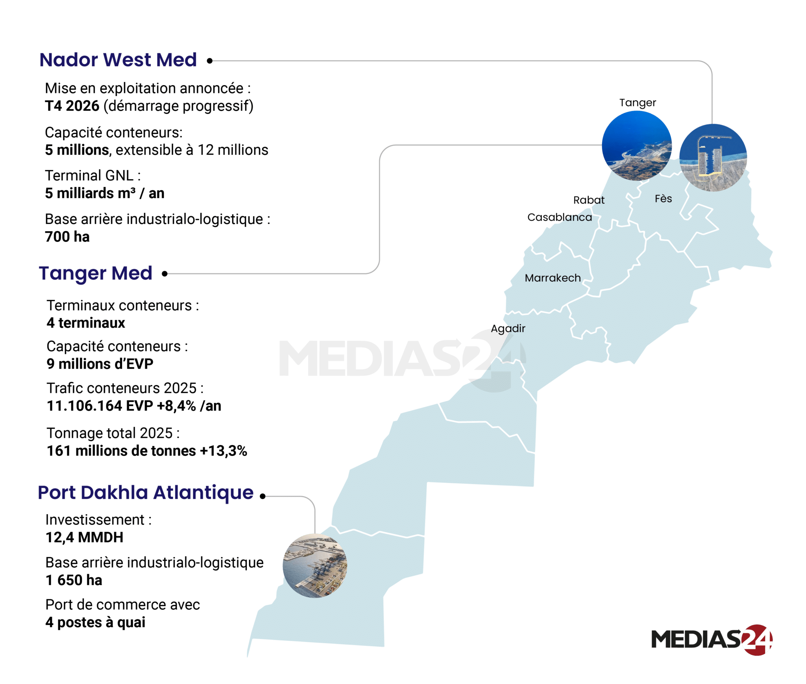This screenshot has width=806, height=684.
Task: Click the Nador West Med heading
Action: click(118, 60)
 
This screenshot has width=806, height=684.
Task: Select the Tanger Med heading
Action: click(96, 273)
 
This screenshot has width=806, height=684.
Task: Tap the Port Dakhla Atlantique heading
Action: click(146, 493)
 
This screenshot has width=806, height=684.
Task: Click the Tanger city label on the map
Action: click(638, 103)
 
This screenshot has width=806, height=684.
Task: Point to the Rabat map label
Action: click(589, 200)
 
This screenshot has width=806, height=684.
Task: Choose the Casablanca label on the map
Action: click(559, 217)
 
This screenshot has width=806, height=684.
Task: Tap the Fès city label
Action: click(663, 199)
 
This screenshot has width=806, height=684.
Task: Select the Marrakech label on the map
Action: click(553, 278)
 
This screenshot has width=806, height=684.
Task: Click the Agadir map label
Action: click(508, 328)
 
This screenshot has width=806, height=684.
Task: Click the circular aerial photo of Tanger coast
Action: click(636, 146)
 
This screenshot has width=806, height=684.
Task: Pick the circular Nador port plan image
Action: click(713, 158)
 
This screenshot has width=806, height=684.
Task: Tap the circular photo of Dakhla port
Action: click(315, 566)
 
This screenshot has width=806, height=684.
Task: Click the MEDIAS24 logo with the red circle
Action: click(712, 640)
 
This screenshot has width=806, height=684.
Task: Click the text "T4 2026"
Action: click(72, 106)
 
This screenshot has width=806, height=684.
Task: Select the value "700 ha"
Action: click(67, 237)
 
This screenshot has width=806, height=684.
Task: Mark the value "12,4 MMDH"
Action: click(84, 538)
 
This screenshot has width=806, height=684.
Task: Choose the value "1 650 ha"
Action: click(74, 580)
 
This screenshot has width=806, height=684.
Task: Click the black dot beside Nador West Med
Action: click(210, 61)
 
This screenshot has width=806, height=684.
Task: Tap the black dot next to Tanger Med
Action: click(165, 274)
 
